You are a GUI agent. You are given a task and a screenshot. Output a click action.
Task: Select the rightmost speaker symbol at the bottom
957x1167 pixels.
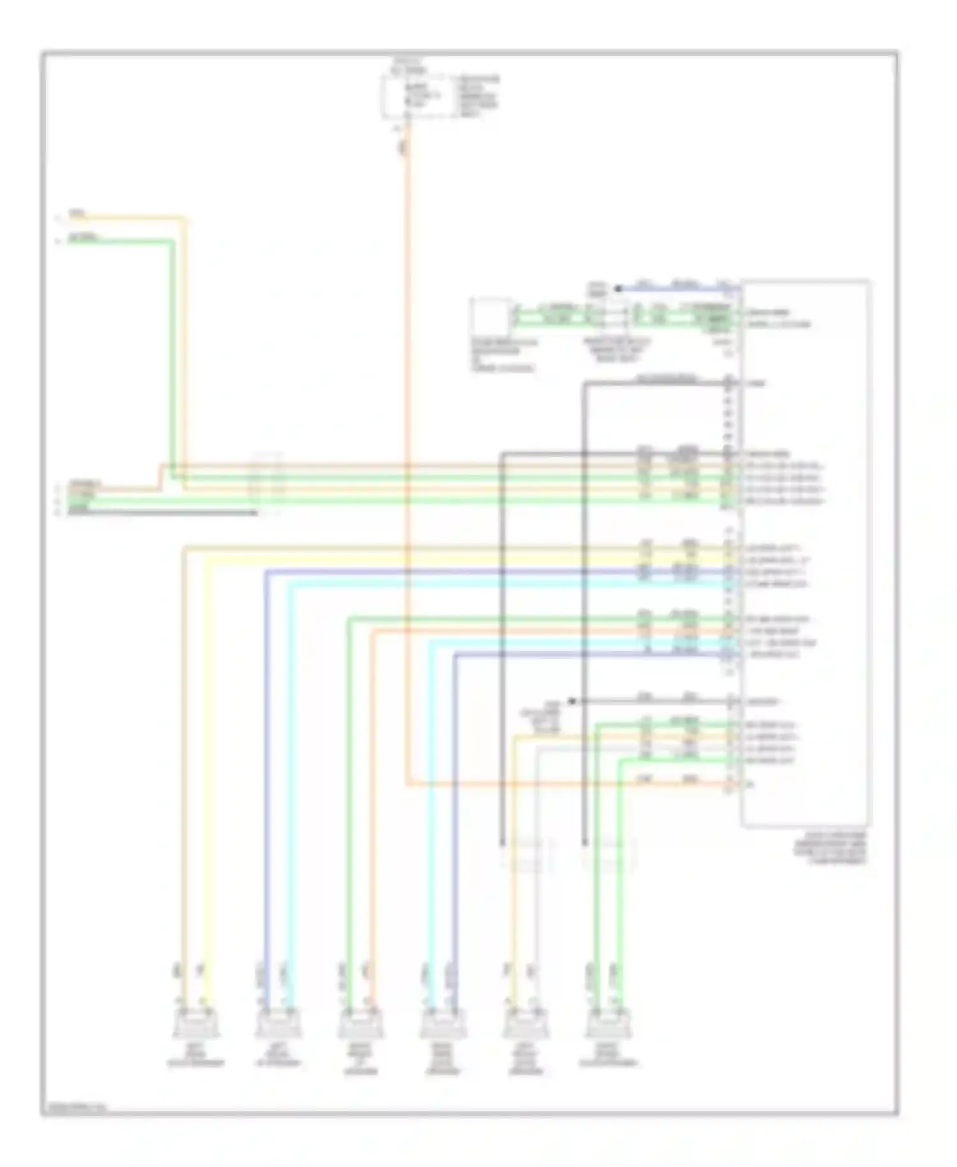point(608,1026)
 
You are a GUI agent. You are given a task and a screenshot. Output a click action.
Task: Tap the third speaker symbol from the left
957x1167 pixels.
point(360,1026)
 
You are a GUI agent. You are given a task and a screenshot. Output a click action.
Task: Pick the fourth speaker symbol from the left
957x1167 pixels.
point(443,1026)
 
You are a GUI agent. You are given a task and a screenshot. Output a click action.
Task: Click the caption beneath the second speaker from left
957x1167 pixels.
point(278,1059)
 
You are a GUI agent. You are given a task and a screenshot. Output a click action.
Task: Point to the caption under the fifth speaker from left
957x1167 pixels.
point(526,1064)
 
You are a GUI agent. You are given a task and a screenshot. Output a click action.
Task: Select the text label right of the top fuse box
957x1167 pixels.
point(478,96)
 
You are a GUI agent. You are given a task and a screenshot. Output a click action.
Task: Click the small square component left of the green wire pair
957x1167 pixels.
point(490,316)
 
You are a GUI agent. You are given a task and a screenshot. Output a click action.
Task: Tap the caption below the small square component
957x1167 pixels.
point(503,355)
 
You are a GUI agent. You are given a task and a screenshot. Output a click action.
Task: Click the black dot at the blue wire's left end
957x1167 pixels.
point(617,289)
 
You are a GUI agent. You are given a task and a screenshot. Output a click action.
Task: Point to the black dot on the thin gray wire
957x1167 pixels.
point(572,701)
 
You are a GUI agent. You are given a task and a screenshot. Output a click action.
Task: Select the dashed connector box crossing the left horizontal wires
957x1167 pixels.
point(267,483)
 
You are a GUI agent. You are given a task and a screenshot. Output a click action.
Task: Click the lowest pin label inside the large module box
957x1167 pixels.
point(750,784)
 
